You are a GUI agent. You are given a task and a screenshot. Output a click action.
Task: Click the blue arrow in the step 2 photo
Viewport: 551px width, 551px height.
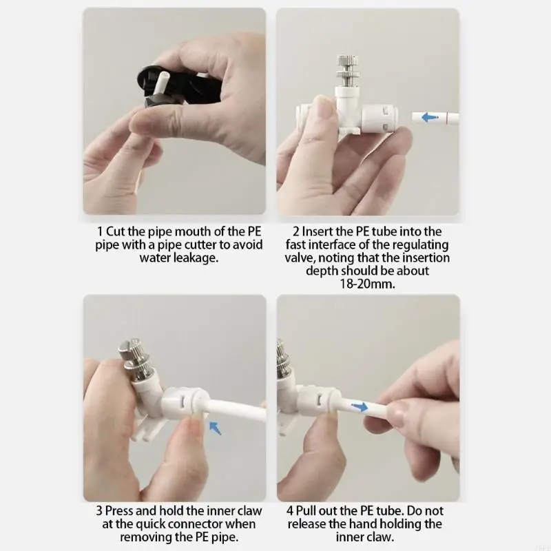coord(429,117)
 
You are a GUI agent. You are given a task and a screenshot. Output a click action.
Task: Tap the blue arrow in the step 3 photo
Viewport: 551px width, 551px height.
coord(215,428)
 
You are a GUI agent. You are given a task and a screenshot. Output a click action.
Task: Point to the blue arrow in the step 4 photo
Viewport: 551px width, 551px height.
coord(360,407)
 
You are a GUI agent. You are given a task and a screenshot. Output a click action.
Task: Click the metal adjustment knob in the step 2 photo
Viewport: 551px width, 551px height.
coord(348,70)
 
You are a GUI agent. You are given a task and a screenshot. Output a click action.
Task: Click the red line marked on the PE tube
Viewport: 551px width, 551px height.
coord(446,117)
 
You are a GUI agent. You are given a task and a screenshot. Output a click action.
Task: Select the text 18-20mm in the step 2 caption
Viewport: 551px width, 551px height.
coord(367,284)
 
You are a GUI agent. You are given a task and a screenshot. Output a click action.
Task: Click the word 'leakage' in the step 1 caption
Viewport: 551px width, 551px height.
coord(196,258)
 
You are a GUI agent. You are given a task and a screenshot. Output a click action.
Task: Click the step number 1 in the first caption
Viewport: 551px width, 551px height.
coord(100,231)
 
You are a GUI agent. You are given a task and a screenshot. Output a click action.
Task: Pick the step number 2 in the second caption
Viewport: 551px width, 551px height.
coord(296,231)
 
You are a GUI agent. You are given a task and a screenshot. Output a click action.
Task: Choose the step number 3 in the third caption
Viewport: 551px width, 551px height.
coord(99,511)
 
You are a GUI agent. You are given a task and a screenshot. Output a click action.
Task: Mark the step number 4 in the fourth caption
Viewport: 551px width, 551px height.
coord(289,511)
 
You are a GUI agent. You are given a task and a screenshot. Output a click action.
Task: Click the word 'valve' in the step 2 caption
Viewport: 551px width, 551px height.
coord(297,258)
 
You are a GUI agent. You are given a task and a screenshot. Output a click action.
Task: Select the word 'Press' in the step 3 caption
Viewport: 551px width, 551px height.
coord(118,511)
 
